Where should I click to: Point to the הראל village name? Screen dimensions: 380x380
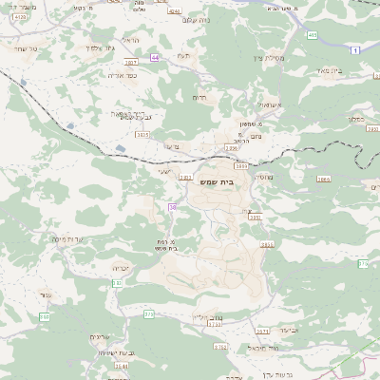click(x=130, y=40)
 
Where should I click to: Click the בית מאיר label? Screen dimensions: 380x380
click(x=353, y=69)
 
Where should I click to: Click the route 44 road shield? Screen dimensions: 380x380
click(x=155, y=57)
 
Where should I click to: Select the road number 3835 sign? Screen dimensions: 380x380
click(x=142, y=135)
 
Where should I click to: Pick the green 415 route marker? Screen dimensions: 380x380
click(x=313, y=34)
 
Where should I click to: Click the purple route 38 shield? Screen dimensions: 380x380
click(x=172, y=206)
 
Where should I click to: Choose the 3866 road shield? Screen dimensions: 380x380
click(x=323, y=178)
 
